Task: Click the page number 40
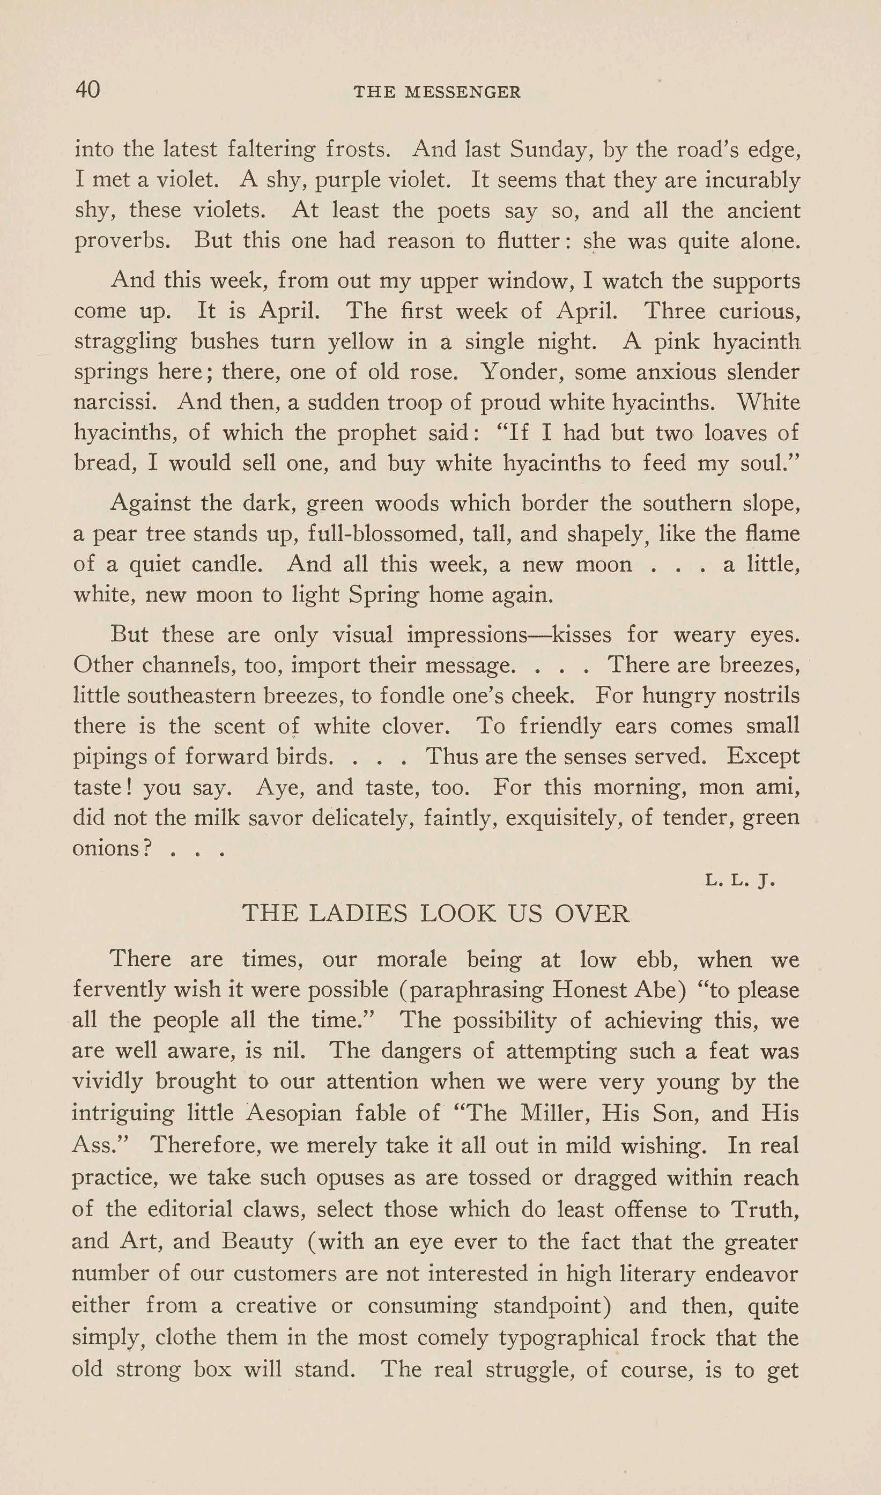coord(87,90)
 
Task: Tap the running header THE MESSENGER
coord(437,92)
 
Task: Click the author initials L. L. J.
coord(740,880)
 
